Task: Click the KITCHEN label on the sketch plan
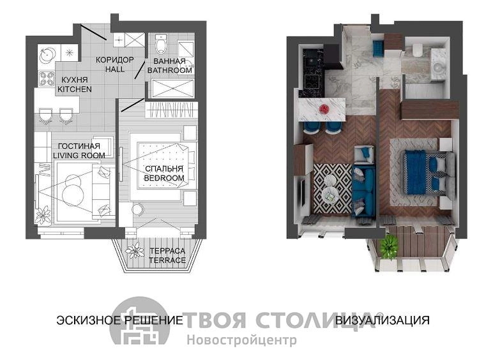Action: click(75, 89)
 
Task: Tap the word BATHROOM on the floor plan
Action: click(169, 70)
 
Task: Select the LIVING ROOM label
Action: click(79, 155)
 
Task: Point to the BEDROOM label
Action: click(164, 178)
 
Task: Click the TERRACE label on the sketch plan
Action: click(167, 260)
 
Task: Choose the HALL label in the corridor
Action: click(115, 69)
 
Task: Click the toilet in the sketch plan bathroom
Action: click(161, 44)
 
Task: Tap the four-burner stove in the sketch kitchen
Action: click(46, 79)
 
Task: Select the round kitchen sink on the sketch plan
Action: click(47, 54)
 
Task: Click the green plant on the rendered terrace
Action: click(390, 246)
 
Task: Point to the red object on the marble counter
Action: click(324, 109)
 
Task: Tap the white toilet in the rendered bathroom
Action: click(417, 50)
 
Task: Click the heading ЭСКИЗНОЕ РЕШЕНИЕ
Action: click(119, 320)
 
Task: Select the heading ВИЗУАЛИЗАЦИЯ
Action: click(383, 320)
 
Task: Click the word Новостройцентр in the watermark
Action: click(241, 340)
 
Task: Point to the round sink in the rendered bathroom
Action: click(437, 66)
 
